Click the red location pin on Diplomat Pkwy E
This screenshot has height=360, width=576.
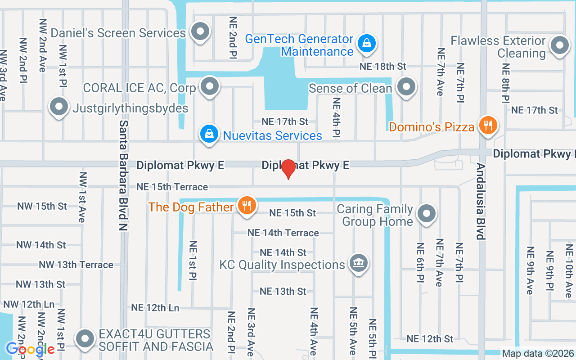(288, 169)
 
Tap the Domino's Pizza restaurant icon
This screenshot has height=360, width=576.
(487, 125)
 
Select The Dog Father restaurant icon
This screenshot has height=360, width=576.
(246, 205)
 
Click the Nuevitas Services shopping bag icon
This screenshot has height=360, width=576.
(209, 134)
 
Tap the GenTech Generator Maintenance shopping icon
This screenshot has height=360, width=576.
(367, 44)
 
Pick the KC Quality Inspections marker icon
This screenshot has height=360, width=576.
(359, 263)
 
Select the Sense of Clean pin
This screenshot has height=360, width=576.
(406, 86)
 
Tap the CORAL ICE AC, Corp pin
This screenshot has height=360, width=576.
(209, 86)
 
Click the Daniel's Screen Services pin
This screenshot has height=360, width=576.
(200, 32)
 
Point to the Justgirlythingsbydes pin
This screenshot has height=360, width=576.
(59, 107)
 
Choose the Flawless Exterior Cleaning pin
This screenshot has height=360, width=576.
(560, 45)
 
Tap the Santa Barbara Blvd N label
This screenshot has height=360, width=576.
(123, 175)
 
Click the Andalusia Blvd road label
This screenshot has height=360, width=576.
(481, 201)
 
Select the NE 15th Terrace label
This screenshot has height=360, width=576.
(172, 187)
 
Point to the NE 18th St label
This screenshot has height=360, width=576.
(383, 67)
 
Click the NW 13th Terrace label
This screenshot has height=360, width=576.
(76, 265)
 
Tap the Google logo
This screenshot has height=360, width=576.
(30, 349)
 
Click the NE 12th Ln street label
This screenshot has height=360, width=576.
(155, 308)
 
